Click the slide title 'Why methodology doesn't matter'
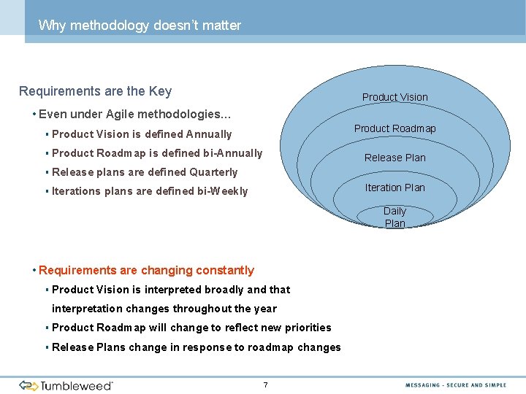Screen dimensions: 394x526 140,26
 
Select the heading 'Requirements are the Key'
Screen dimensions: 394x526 95,91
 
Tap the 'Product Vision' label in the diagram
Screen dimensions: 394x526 394,97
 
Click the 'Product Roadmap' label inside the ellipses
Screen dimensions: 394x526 394,128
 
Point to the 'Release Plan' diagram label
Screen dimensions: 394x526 394,158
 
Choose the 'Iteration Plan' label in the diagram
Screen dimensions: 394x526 394,188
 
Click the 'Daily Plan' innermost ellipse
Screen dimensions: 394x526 394,217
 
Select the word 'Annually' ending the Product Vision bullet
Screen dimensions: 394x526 208,134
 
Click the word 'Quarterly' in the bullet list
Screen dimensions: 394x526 213,172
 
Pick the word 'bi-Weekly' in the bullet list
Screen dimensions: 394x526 223,191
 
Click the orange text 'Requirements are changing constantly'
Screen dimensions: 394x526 146,271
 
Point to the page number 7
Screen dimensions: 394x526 265,385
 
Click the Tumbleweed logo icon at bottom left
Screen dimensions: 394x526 28,385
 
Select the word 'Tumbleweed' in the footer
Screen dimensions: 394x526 77,385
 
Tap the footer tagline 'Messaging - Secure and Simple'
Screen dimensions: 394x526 456,385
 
